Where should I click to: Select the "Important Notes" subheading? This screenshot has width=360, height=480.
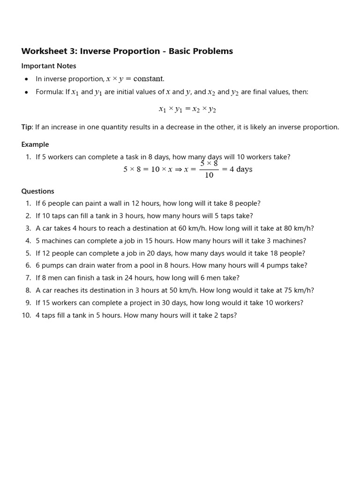(x=49, y=66)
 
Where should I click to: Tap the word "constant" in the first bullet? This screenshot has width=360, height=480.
(x=148, y=79)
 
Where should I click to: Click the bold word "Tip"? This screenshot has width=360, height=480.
(x=27, y=127)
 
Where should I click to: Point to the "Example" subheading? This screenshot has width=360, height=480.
(x=35, y=144)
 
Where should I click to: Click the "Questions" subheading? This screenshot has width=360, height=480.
(x=37, y=191)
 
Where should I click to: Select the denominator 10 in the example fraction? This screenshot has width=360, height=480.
(x=209, y=175)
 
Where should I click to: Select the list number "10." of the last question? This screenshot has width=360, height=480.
(x=26, y=315)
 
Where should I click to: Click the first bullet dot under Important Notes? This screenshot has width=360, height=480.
(x=26, y=79)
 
